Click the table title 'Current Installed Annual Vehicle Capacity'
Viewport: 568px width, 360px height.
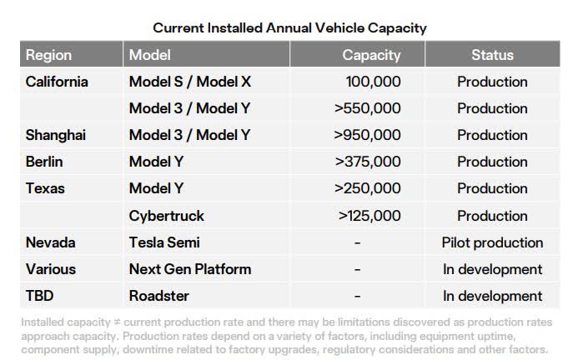(x=289, y=27)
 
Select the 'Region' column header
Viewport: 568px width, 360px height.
(x=48, y=56)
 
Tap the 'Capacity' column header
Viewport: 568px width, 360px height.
(x=371, y=56)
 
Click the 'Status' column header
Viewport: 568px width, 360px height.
(x=492, y=56)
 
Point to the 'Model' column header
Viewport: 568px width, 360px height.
(x=150, y=56)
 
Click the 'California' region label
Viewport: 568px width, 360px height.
(x=57, y=82)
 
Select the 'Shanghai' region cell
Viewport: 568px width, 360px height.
(x=56, y=135)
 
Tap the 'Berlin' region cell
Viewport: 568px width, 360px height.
(x=44, y=162)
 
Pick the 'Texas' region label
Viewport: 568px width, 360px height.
(x=44, y=188)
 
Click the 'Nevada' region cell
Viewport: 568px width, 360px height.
(x=50, y=242)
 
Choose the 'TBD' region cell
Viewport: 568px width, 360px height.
(x=40, y=296)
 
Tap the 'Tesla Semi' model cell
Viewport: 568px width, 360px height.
(x=164, y=242)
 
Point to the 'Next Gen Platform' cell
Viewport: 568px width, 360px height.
(x=189, y=269)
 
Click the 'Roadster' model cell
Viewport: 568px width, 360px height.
(x=158, y=296)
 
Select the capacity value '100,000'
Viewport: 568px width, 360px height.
(x=373, y=82)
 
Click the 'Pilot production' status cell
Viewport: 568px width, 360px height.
(x=492, y=242)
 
